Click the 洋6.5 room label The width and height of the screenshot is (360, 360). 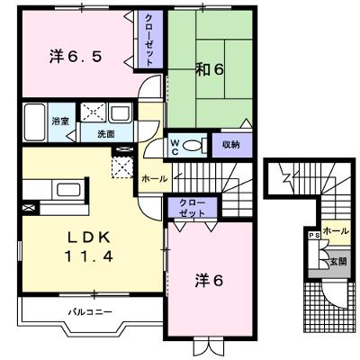pyautogui.click(x=76, y=57)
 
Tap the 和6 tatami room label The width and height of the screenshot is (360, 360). pyautogui.click(x=210, y=69)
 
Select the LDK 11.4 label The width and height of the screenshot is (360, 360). pyautogui.click(x=89, y=247)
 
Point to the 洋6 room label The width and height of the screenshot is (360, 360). pyautogui.click(x=209, y=281)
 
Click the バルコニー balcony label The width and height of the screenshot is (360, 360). pyautogui.click(x=90, y=312)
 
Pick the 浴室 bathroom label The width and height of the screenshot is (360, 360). pyautogui.click(x=60, y=121)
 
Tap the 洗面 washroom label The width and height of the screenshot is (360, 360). pyautogui.click(x=106, y=134)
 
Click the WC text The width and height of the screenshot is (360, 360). pyautogui.click(x=175, y=148)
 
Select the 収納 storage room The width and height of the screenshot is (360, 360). pyautogui.click(x=232, y=145)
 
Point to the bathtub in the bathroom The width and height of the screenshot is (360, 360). pyautogui.click(x=35, y=121)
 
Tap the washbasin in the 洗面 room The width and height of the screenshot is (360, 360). pyautogui.click(x=121, y=112)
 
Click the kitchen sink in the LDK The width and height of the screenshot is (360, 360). pyautogui.click(x=69, y=190)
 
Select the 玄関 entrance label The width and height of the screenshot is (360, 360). pyautogui.click(x=338, y=261)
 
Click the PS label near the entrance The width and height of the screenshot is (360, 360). pyautogui.click(x=314, y=236)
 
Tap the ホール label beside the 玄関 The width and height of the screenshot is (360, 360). pyautogui.click(x=336, y=231)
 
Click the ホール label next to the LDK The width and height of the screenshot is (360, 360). pyautogui.click(x=154, y=179)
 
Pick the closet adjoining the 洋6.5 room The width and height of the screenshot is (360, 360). pyautogui.click(x=150, y=40)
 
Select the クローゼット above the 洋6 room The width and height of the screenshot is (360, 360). pyautogui.click(x=193, y=208)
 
